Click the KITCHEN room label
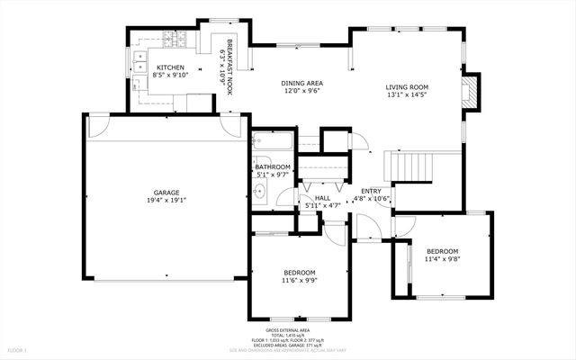click(x=171, y=67)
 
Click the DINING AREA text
click(x=301, y=83)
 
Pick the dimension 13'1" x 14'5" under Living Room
click(x=407, y=94)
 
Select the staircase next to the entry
click(x=410, y=166)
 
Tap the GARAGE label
click(x=166, y=192)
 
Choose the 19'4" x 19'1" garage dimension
click(x=166, y=202)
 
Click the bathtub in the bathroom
click(x=269, y=142)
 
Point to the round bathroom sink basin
click(x=260, y=192)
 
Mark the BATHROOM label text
click(x=272, y=166)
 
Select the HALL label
click(x=322, y=198)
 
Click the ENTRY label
click(x=371, y=191)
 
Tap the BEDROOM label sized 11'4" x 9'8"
click(x=442, y=251)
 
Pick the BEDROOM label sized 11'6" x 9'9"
click(x=300, y=272)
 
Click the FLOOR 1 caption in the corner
click(x=18, y=349)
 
